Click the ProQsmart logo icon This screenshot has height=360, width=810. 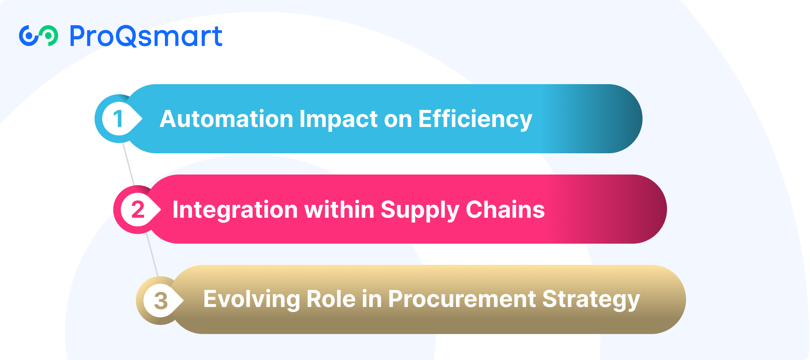(38, 36)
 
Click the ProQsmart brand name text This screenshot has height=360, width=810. (146, 36)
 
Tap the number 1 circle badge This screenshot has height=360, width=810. (118, 119)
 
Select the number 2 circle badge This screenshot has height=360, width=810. (137, 209)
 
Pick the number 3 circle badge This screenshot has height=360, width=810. (160, 300)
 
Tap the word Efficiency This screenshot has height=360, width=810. (475, 120)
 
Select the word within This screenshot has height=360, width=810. (339, 209)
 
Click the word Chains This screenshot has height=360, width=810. (505, 209)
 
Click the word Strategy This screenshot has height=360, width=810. (591, 300)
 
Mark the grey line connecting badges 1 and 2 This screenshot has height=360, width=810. (129, 164)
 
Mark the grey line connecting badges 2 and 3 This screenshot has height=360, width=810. (152, 255)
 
